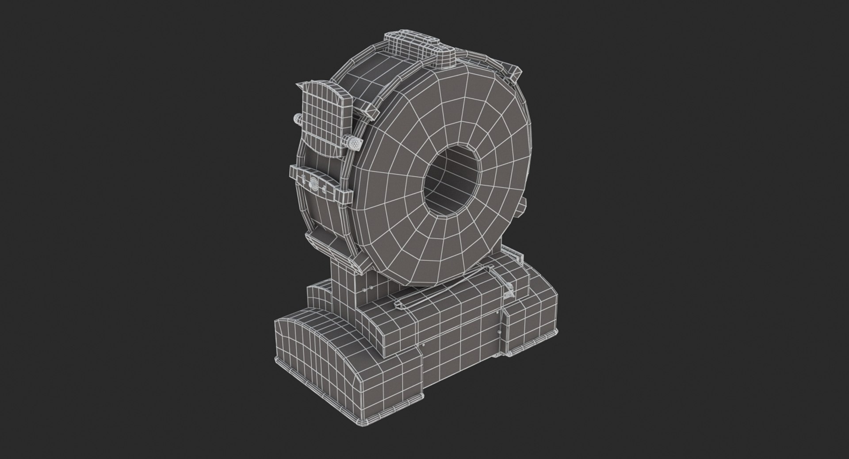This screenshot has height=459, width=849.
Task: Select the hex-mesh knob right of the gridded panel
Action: [355, 143]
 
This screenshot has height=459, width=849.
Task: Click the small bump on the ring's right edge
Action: [523, 203]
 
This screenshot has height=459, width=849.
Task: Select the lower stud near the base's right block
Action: [500, 332]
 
